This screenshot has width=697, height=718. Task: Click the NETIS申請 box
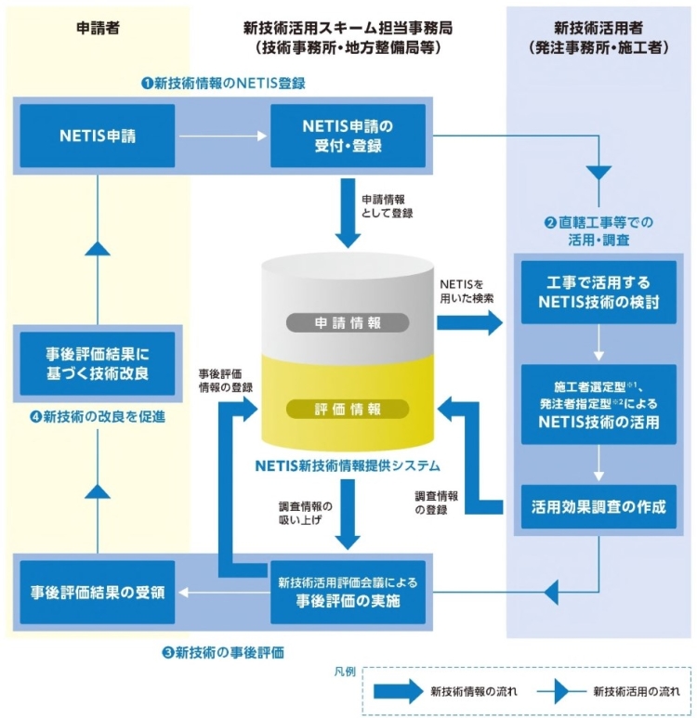[98, 137]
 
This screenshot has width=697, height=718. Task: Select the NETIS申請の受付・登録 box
[348, 137]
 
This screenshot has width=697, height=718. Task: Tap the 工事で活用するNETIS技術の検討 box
[598, 292]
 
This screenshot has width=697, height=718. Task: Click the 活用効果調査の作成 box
[598, 507]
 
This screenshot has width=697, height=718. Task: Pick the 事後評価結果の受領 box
[98, 591]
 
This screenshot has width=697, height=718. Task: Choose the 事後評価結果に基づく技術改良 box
[98, 362]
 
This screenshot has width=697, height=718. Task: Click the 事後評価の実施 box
[348, 591]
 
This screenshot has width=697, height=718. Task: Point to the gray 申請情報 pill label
[348, 322]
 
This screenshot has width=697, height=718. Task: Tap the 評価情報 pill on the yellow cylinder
[348, 409]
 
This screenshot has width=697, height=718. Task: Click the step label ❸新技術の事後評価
[222, 652]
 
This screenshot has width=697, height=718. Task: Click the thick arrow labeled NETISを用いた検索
[469, 322]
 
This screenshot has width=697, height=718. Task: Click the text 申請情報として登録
[387, 205]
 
